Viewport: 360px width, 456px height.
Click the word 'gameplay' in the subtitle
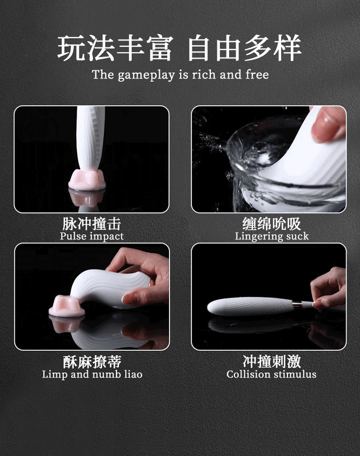(x=146, y=75)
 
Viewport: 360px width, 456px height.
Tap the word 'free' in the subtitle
(x=257, y=74)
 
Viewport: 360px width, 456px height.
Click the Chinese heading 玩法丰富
(x=115, y=48)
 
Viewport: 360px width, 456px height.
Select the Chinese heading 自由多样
(x=244, y=48)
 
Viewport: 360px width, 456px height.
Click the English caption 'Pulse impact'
(x=92, y=236)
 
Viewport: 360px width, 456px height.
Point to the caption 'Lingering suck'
(x=272, y=236)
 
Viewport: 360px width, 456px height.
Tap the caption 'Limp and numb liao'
(x=92, y=374)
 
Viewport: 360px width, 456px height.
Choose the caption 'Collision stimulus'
(x=271, y=374)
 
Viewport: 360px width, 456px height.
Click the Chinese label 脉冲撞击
(x=92, y=224)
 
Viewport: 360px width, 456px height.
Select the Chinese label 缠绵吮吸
(x=272, y=224)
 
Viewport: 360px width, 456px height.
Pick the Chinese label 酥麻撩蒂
(x=92, y=362)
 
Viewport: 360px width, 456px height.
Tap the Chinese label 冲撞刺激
(x=272, y=362)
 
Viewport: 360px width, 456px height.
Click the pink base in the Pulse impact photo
(x=87, y=180)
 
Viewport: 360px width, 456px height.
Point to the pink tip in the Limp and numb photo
(x=67, y=306)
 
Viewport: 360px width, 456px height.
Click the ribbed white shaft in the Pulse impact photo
(x=90, y=140)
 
